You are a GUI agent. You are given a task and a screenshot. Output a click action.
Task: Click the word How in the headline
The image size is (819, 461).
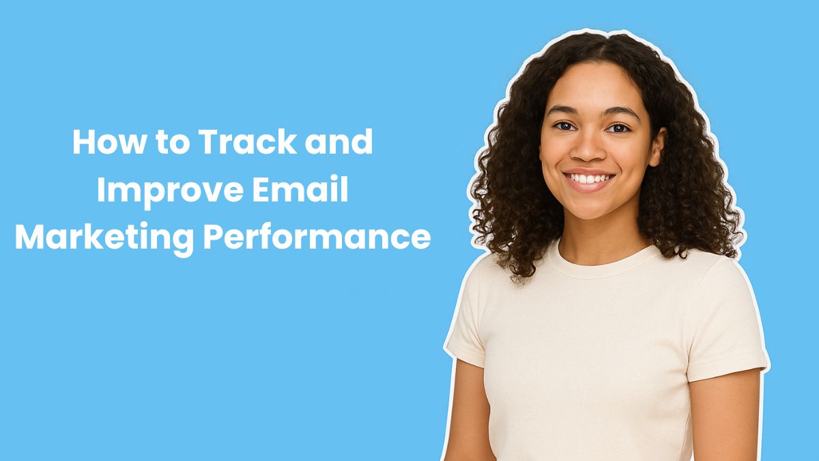(102, 142)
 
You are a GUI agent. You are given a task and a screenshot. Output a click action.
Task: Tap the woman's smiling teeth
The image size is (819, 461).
(589, 178)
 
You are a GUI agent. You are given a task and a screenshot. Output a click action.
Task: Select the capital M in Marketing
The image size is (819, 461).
(30, 237)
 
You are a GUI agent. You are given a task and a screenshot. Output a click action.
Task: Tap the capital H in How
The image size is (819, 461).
(83, 141)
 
